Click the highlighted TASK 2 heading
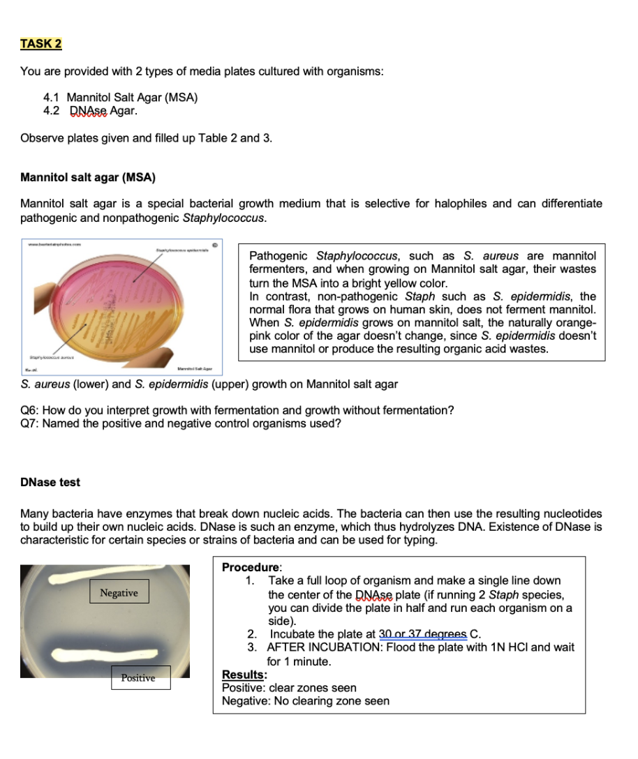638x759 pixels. point(41,44)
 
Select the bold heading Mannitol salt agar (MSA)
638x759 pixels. point(88,177)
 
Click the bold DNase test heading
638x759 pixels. point(50,482)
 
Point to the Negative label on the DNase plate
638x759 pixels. point(119,593)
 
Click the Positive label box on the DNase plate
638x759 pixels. point(138,677)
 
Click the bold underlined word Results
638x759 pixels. point(243,675)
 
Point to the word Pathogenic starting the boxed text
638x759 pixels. point(279,256)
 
